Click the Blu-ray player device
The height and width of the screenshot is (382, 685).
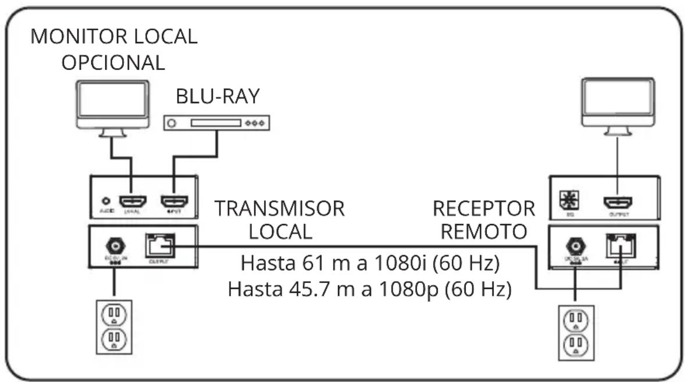217,123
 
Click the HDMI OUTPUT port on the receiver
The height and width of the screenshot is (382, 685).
618,203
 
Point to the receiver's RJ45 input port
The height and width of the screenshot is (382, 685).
620,245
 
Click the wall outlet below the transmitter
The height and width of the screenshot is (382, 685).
113,326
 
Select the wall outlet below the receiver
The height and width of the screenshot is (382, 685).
575,333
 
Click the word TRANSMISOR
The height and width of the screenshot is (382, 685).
280,208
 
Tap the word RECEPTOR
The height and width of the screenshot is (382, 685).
483,208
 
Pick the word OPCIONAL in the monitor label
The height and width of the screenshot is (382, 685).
113,62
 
